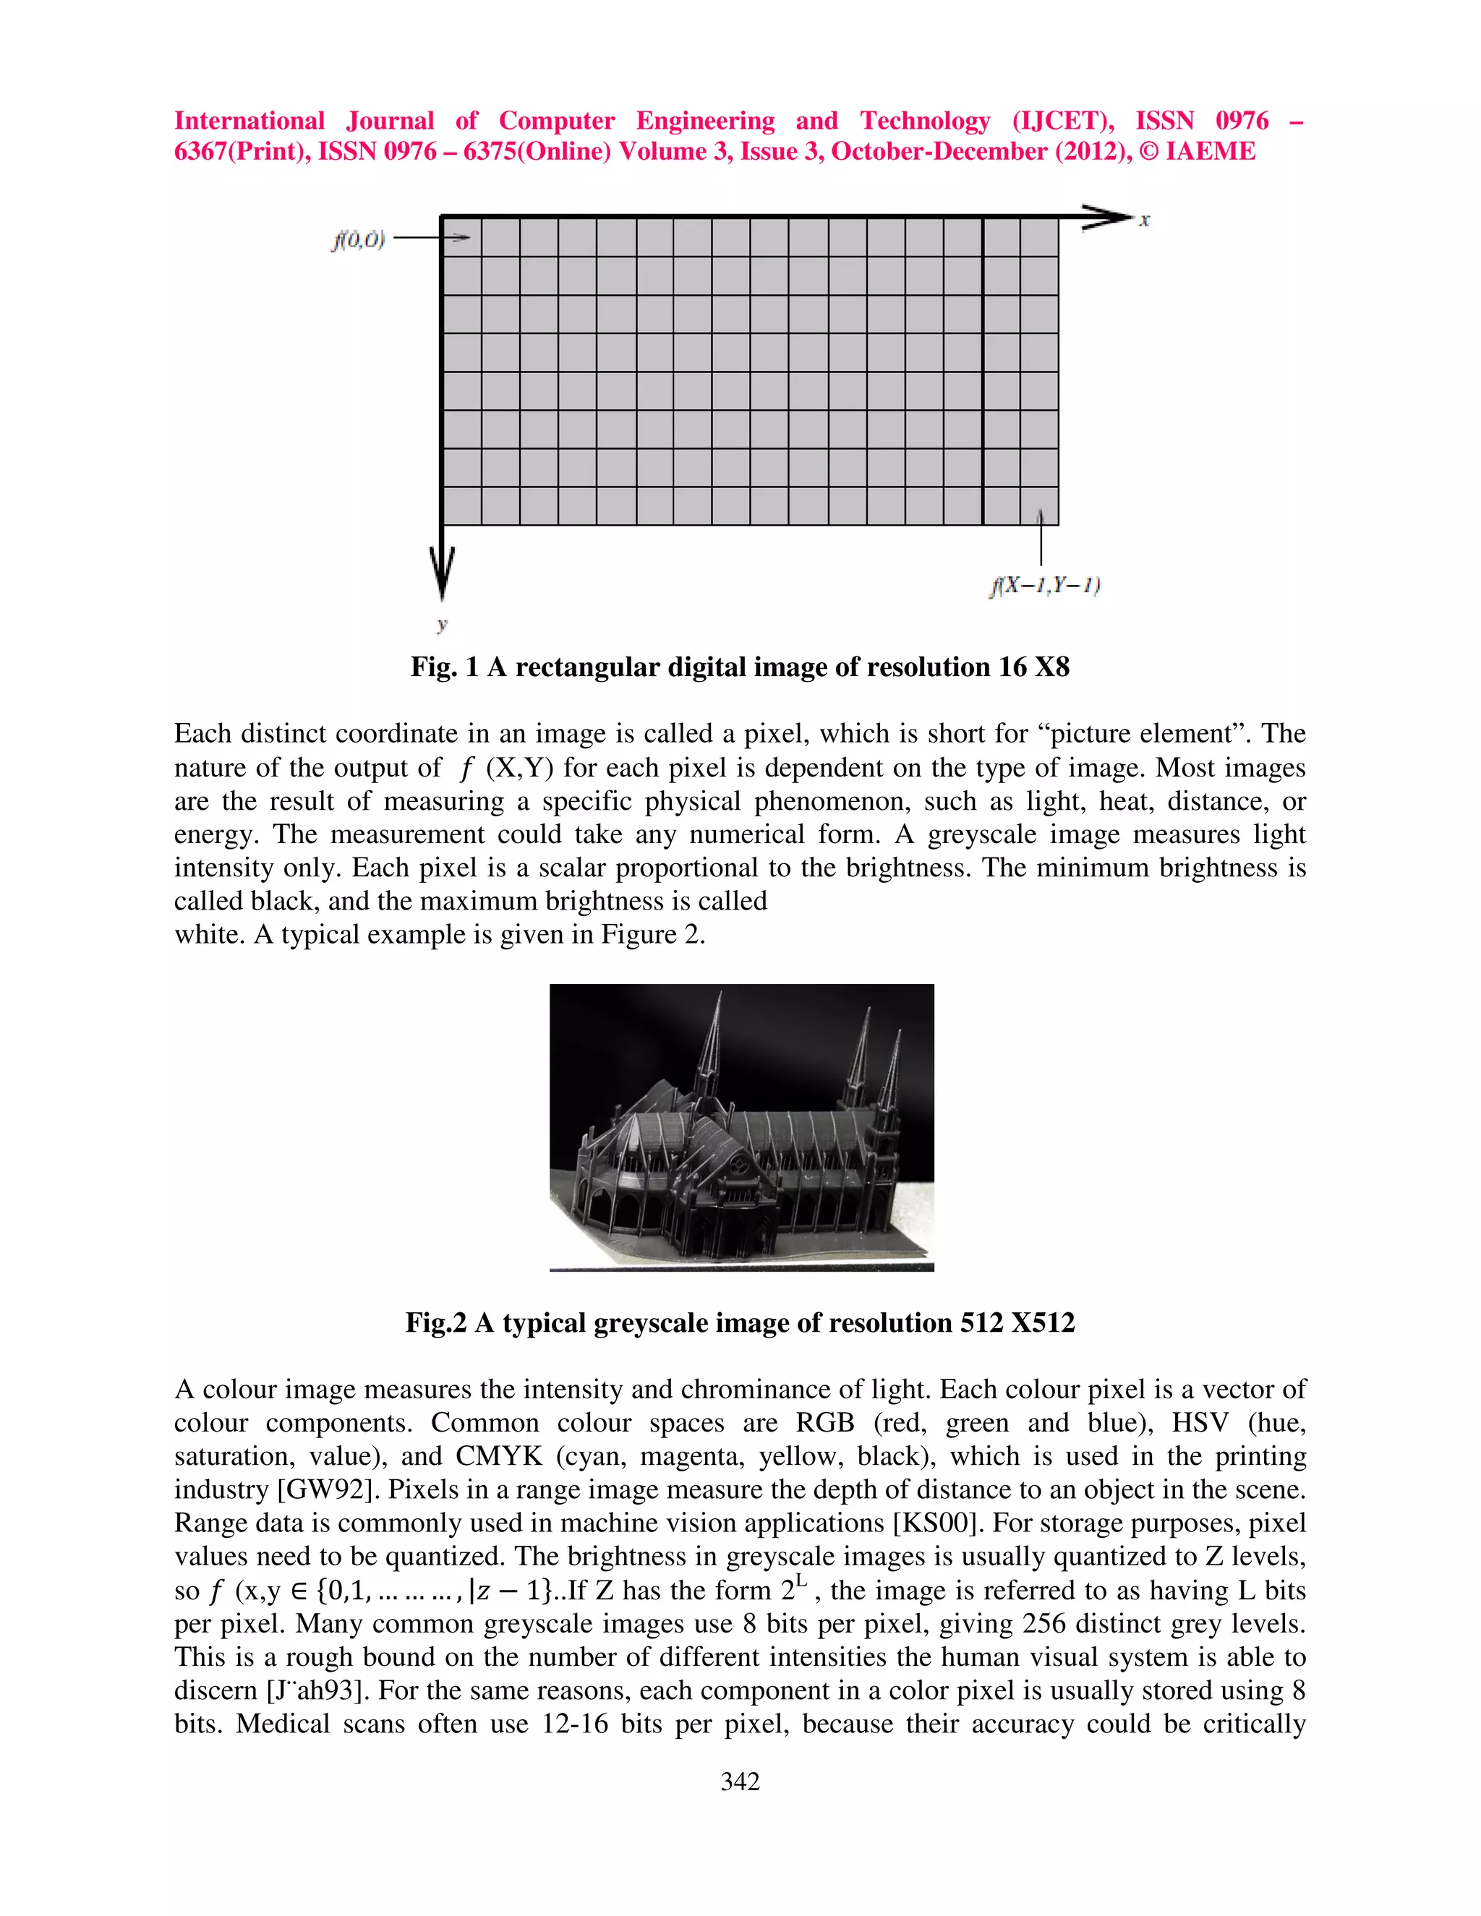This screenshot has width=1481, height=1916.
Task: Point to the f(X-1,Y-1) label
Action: tap(1044, 585)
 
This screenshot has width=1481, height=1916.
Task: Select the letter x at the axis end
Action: tap(1144, 221)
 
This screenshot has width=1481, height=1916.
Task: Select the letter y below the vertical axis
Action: tap(442, 625)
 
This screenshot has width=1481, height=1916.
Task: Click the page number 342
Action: tap(740, 1781)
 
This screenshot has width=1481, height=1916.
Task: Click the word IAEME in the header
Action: tap(1210, 152)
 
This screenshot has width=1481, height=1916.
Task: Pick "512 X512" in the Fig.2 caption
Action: tap(1017, 1322)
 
